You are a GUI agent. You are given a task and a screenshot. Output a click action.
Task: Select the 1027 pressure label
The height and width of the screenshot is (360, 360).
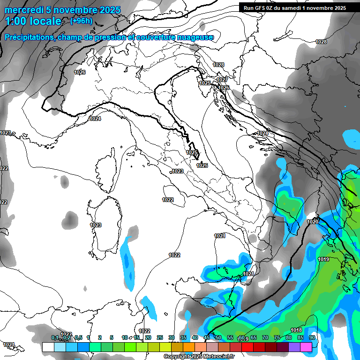click(222, 80)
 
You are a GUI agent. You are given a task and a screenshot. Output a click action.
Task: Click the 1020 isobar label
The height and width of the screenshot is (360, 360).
click(313, 222)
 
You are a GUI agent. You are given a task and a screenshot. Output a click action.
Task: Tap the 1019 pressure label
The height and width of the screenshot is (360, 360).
click(323, 260)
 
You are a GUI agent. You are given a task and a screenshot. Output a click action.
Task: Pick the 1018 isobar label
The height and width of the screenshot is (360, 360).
click(296, 330)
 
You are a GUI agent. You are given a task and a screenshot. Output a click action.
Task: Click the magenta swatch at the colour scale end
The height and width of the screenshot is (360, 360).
click(306, 347)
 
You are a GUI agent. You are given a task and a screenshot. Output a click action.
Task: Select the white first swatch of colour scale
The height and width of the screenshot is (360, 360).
click(48, 347)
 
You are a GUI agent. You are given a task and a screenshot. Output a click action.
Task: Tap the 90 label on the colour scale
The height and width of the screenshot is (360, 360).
click(312, 338)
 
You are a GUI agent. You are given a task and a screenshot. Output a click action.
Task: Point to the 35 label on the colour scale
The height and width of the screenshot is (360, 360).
click(183, 338)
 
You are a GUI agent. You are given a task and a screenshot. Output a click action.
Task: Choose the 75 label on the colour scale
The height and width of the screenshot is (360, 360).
click(277, 338)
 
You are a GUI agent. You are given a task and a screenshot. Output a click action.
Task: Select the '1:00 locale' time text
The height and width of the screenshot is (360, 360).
click(34, 21)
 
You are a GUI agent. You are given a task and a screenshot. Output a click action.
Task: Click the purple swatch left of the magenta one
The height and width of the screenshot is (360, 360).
click(294, 347)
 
